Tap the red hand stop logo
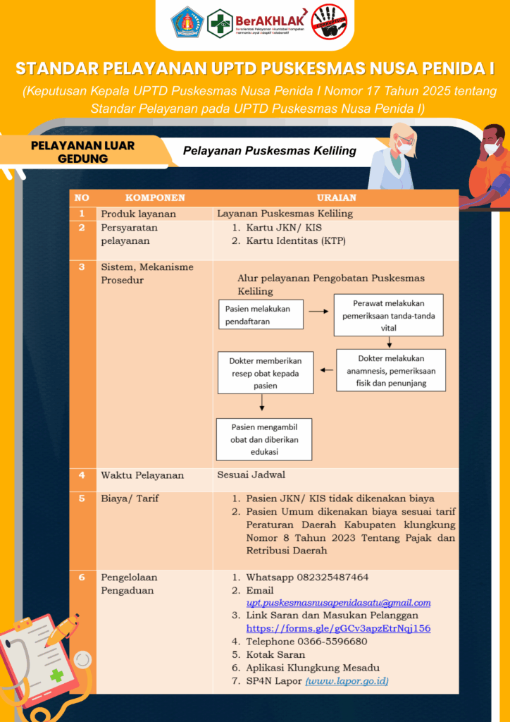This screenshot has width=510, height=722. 330,23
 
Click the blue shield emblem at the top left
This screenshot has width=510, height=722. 187,22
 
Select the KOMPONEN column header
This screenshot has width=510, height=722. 155,197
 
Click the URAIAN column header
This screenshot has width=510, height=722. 336,197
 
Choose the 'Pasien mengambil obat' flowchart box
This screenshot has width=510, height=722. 264,439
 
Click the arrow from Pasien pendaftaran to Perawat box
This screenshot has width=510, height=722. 318,311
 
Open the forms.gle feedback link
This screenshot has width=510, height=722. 338,628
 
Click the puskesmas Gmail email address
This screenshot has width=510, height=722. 338,603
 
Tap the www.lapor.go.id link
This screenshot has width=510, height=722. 347,680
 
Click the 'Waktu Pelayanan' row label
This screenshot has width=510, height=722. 142,475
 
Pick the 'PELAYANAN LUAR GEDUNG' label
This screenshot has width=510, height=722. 82,152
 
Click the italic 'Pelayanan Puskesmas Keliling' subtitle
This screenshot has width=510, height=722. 270,151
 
